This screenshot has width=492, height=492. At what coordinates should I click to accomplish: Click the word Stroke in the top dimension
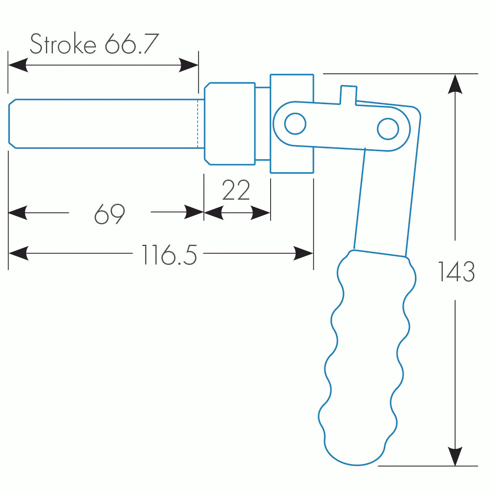tap(63, 44)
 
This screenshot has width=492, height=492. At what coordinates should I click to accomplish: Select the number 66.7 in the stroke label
tap(131, 44)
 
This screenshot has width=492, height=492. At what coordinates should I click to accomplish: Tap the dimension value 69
tap(109, 214)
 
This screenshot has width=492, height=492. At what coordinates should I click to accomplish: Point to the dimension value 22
tap(236, 191)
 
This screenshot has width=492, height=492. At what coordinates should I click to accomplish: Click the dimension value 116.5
tap(169, 255)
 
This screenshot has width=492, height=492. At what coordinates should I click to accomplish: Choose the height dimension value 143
tap(456, 271)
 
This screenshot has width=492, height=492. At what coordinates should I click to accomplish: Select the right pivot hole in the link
tap(388, 129)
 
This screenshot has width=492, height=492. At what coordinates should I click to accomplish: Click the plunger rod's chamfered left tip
tap(12, 123)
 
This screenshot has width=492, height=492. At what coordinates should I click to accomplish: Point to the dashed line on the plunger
tap(198, 123)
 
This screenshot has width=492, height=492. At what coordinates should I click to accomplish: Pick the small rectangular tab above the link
tap(348, 94)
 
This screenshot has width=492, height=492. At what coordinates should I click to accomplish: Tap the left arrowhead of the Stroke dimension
tap(18, 65)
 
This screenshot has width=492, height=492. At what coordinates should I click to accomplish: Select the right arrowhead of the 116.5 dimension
tap(304, 253)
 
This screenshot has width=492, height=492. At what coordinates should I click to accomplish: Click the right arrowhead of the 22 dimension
tap(261, 213)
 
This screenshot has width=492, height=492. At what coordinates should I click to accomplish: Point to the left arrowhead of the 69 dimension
tap(18, 213)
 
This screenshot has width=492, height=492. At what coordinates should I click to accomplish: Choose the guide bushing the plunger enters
tap(230, 123)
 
